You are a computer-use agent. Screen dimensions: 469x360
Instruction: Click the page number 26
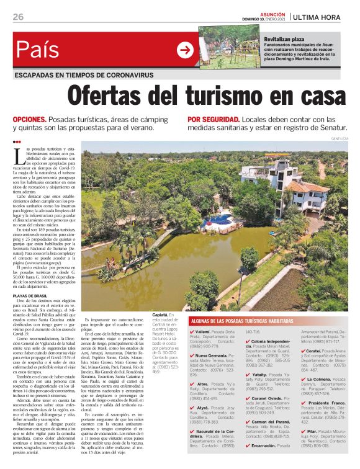[18, 17]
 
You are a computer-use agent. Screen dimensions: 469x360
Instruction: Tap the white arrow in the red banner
[185, 50]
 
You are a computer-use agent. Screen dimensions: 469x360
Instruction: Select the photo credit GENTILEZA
[340, 138]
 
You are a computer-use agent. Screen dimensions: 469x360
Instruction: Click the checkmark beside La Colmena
[302, 380]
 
